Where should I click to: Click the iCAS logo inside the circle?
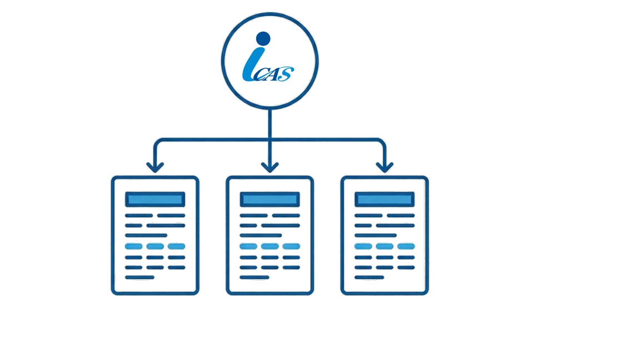point(271,57)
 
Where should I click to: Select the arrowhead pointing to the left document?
point(155,166)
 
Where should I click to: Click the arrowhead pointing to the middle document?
point(270,166)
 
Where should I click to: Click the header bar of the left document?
point(155,199)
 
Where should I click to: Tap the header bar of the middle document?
point(270,199)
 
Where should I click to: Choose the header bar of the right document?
point(385,199)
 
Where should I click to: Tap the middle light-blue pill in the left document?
point(155,246)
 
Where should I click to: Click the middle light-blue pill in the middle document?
point(270,246)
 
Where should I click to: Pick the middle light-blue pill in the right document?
point(385,246)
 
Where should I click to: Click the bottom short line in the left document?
point(140,277)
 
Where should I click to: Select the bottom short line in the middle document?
point(255,277)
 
